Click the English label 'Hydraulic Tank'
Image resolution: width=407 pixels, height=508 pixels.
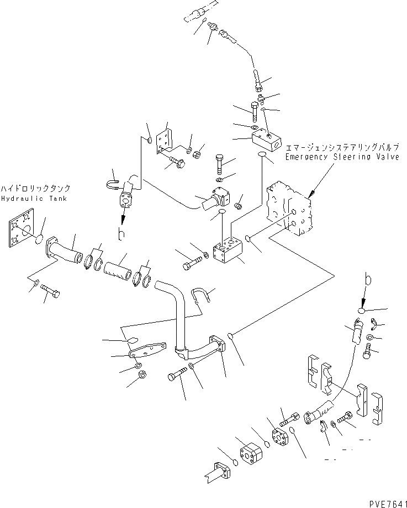click(33, 198)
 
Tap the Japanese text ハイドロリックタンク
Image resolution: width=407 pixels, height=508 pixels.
click(34, 188)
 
